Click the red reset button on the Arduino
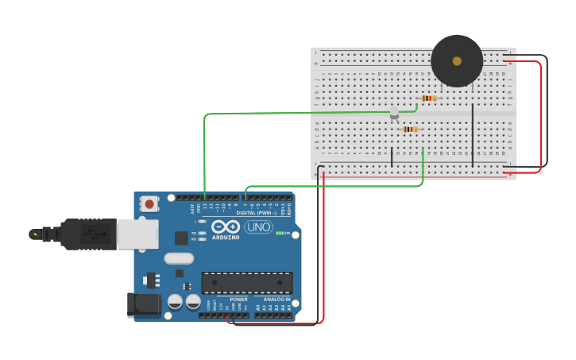click(x=149, y=204)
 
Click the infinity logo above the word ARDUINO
click(x=225, y=226)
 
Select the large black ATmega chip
click(x=246, y=282)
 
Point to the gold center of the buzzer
click(x=457, y=60)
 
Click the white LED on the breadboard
click(x=394, y=116)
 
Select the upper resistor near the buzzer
click(x=429, y=99)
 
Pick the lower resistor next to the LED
click(x=410, y=129)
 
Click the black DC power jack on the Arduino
click(x=144, y=304)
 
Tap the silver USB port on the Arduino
click(x=137, y=234)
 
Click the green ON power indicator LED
click(x=279, y=233)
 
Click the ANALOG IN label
click(x=276, y=300)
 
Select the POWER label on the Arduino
click(x=238, y=300)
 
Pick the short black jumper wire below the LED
click(x=392, y=157)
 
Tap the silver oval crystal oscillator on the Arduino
click(x=179, y=258)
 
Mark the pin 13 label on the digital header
click(x=205, y=207)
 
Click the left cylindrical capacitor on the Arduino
click(x=175, y=302)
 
